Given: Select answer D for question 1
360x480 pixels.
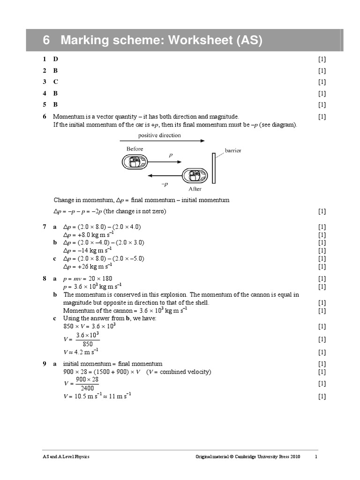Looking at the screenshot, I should (56, 60).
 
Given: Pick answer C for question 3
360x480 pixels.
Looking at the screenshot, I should (55, 82).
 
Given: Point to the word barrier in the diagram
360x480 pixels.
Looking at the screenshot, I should (233, 151).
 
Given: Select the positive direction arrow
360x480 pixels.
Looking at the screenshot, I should (162, 141).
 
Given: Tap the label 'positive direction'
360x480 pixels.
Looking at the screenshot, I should (159, 135).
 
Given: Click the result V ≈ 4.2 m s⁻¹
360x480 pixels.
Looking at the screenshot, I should (81, 352).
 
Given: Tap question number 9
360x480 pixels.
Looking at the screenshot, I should (44, 364).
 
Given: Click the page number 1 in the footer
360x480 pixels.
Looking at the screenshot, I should (316, 457).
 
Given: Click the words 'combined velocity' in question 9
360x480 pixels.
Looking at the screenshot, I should (185, 372).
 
